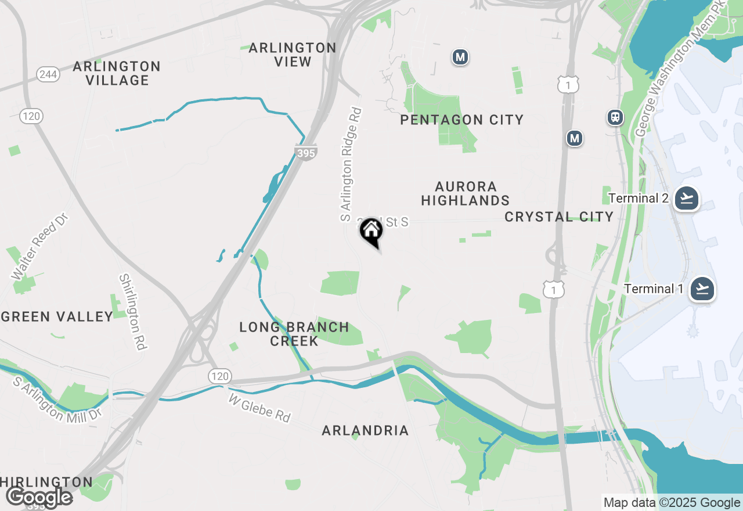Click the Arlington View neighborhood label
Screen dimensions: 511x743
coord(293,55)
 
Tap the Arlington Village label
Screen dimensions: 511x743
coord(117,73)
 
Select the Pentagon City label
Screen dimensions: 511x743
coord(462,120)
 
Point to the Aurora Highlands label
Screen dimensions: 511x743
coord(466,193)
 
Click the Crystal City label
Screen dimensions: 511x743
coord(559,217)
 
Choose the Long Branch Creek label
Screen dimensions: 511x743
coord(294,334)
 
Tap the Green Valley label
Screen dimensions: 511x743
coord(57,316)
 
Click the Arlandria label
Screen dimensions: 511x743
coord(366,430)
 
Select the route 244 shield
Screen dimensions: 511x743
coord(48,74)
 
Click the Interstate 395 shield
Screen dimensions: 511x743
coord(305,153)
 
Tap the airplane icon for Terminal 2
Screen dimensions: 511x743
coord(687,199)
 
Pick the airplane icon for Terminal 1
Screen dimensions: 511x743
coord(702,289)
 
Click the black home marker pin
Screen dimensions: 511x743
coord(371,232)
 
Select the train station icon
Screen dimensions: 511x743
coord(615,117)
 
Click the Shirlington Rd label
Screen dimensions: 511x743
coord(132,312)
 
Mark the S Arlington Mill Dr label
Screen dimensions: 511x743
coord(56,399)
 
